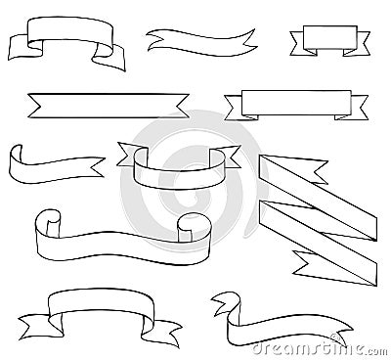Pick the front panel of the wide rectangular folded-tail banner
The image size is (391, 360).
tap(285, 101)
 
